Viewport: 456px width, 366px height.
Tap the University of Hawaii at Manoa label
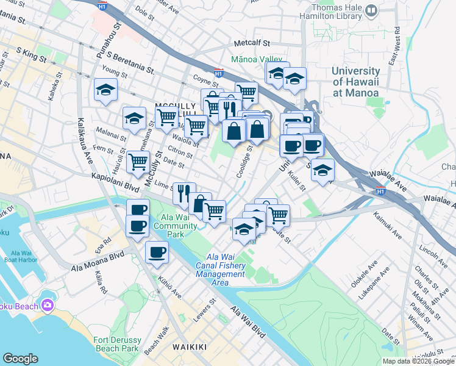click(355, 82)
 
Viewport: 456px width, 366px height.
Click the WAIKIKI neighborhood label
click(190, 347)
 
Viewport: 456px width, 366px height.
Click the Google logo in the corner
click(21, 359)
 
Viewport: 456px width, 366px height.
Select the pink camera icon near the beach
click(48, 305)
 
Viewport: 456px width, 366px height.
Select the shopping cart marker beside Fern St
click(138, 162)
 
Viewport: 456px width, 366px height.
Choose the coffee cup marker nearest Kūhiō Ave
click(157, 252)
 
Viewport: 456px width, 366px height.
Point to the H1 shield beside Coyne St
click(218, 73)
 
